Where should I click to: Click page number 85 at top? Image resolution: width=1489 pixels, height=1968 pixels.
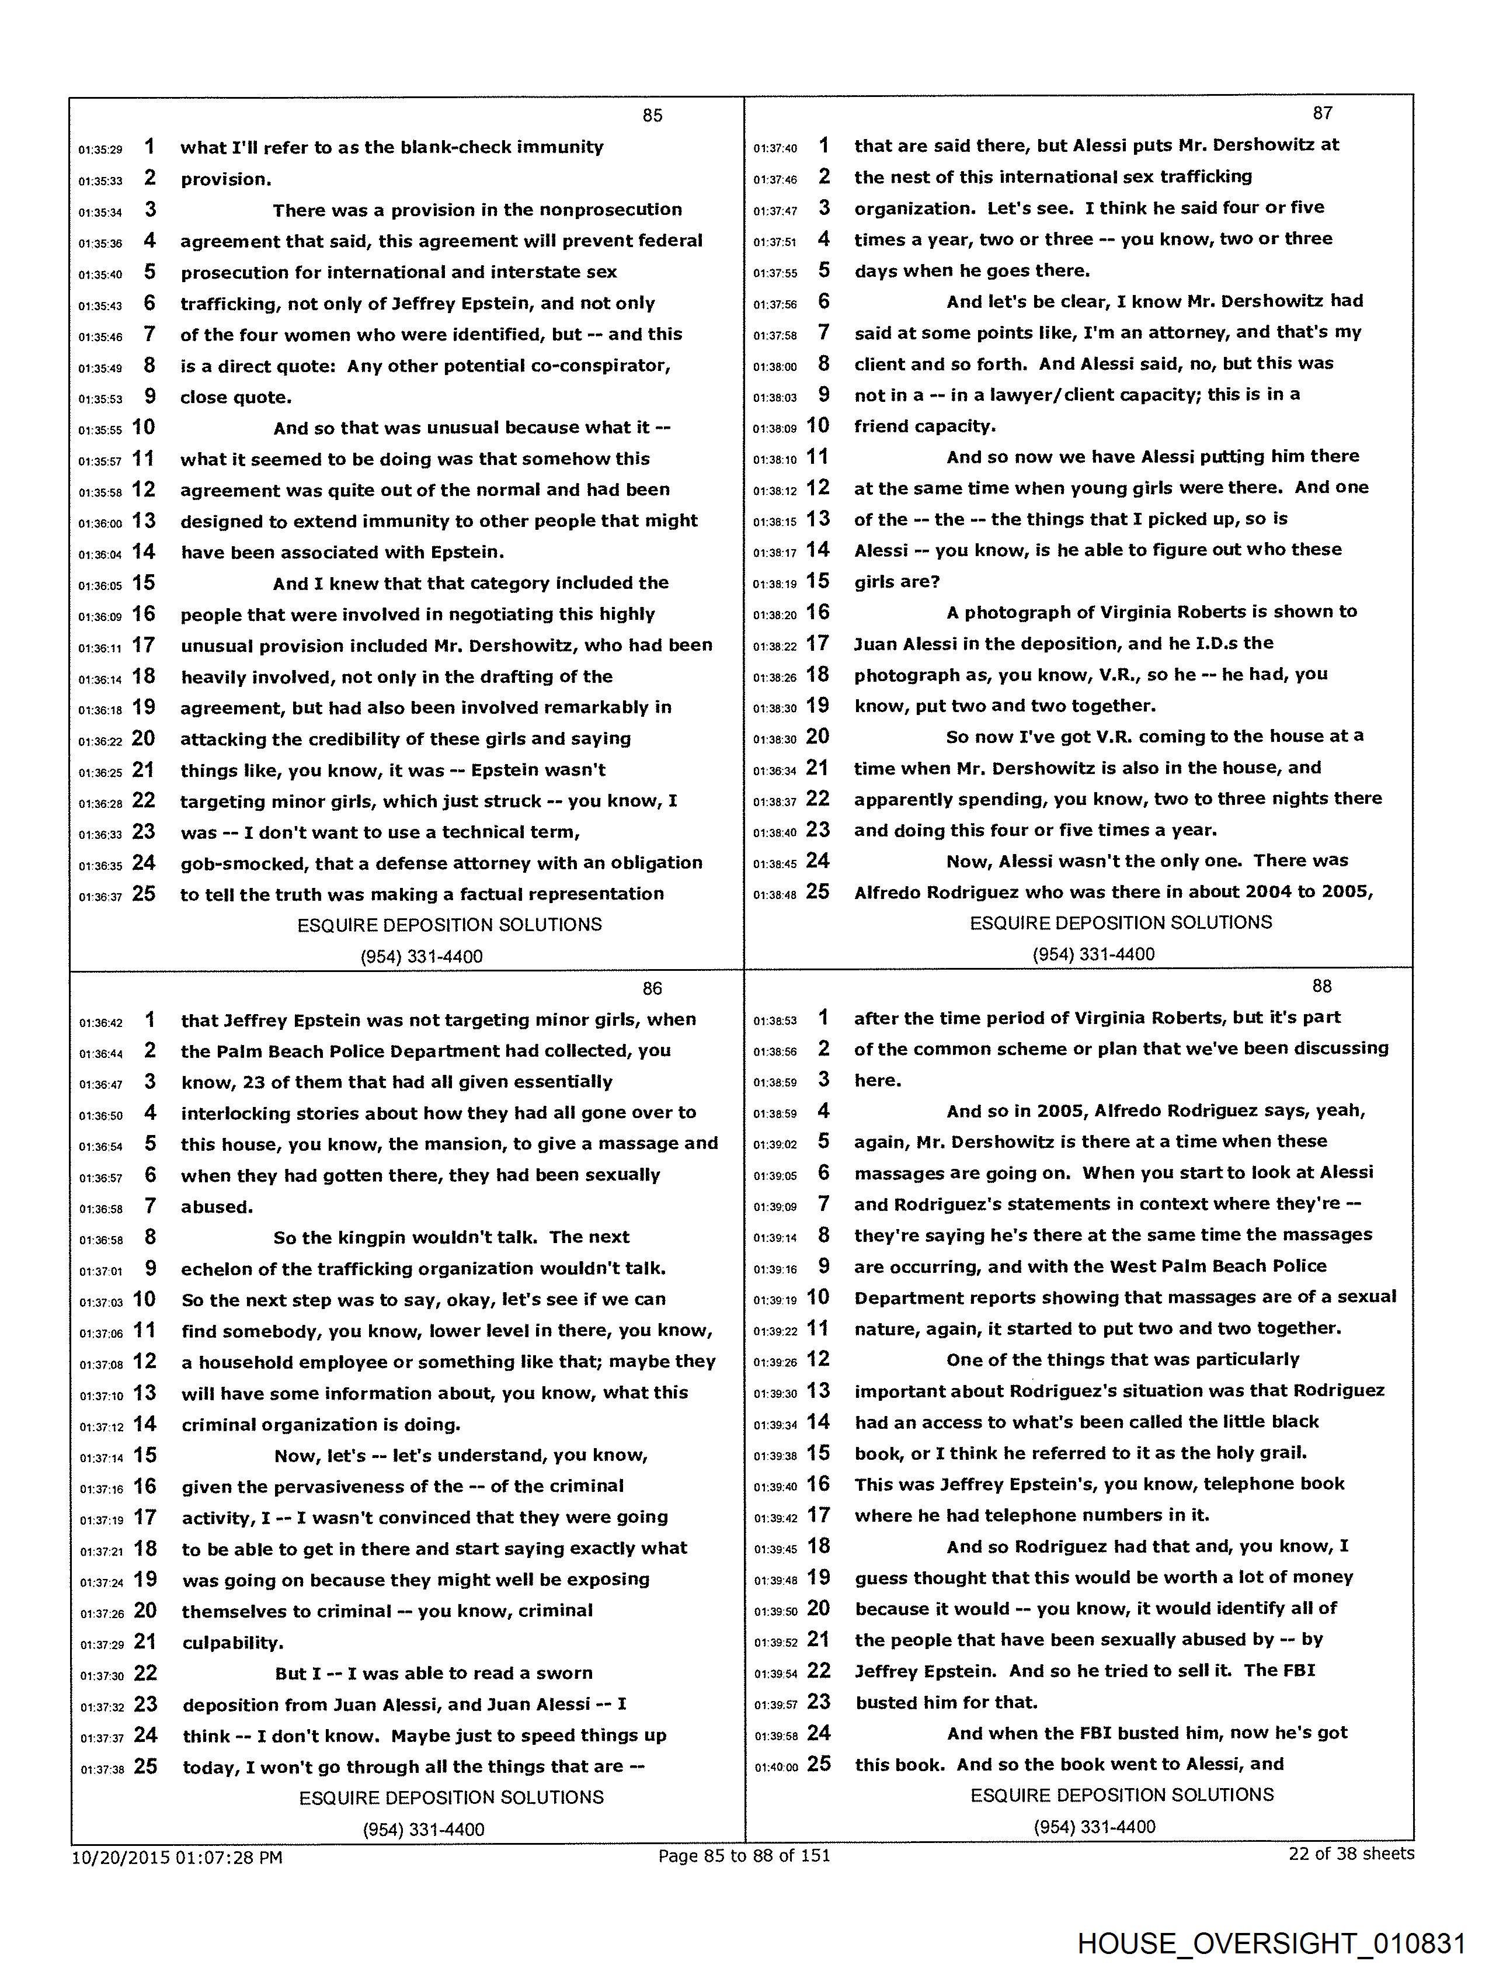(652, 114)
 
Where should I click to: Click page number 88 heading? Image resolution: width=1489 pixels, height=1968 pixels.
(1322, 986)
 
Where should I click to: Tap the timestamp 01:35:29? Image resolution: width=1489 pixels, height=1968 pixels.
(100, 150)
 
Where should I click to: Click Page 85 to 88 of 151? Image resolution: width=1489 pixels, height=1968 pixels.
(743, 1855)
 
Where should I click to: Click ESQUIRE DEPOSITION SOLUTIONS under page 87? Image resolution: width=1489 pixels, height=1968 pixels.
(1121, 922)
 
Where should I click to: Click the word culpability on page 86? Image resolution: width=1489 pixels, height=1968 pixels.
(233, 1643)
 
